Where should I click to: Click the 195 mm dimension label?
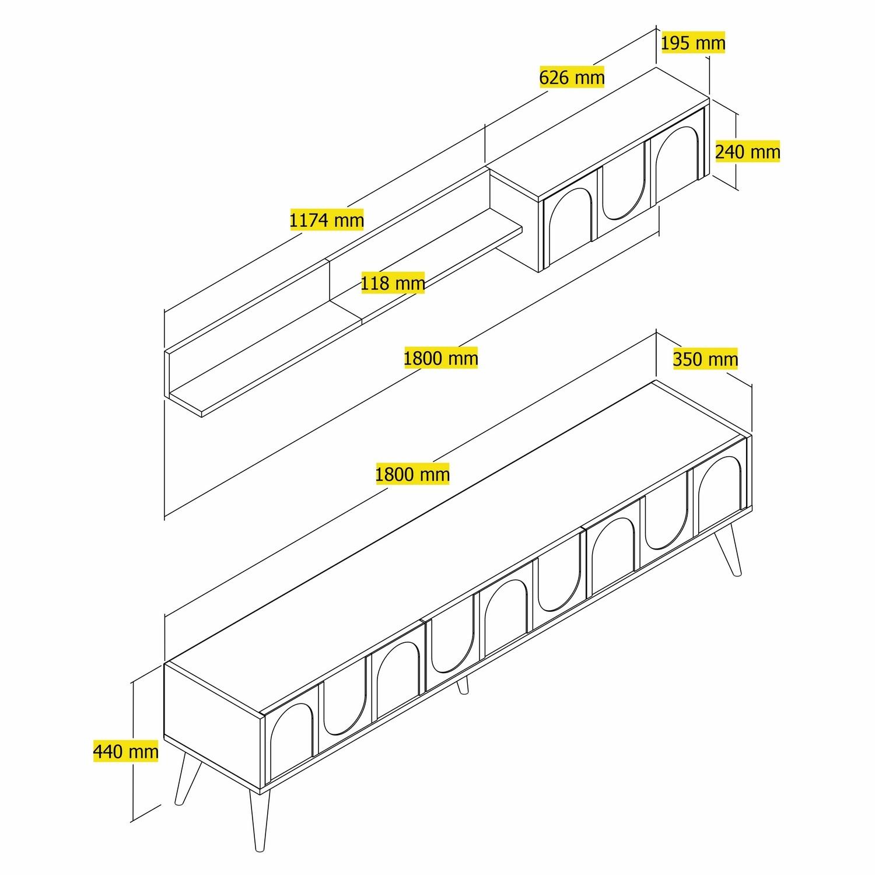click(x=693, y=43)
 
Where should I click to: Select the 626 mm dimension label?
click(x=572, y=77)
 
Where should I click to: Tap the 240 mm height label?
click(x=747, y=152)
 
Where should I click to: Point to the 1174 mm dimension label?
click(x=327, y=220)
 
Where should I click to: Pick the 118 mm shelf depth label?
click(x=393, y=283)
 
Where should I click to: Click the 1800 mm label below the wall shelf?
click(x=440, y=358)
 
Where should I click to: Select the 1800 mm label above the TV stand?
click(x=412, y=474)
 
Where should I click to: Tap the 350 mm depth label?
click(x=705, y=359)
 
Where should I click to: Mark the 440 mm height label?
click(x=125, y=751)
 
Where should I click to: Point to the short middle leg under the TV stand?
click(x=463, y=685)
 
